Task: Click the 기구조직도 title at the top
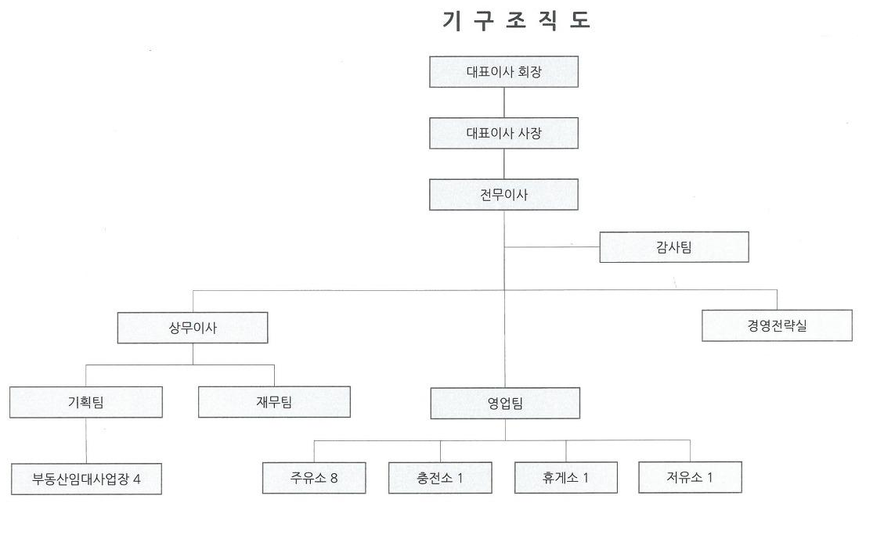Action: coord(516,22)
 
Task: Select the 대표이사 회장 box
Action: coord(503,72)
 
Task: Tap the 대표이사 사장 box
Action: coord(503,133)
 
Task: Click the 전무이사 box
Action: coord(503,195)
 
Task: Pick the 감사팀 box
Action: coord(674,247)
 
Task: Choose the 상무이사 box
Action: coord(193,328)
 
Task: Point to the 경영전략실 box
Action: coord(777,325)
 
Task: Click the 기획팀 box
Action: coord(86,402)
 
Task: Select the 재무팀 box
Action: coord(274,402)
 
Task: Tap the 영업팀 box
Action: coord(505,404)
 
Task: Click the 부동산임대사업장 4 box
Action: coord(87,479)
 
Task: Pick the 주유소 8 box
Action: coord(314,478)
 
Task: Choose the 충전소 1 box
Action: coord(440,478)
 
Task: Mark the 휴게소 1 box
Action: coord(565,477)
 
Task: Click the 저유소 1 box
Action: coord(690,477)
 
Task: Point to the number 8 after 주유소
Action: coord(334,478)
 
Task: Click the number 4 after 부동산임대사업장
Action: coord(137,479)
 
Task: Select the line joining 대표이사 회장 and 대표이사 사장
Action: coord(503,102)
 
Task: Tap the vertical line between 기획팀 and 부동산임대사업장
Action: coord(86,440)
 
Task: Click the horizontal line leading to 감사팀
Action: coord(552,247)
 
